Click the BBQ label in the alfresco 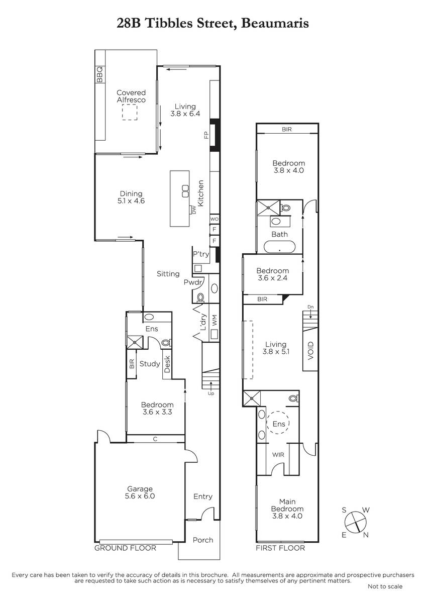tap(100, 74)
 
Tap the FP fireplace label tap(206, 135)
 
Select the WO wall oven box tap(214, 219)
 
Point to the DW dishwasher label tap(193, 210)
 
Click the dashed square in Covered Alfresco tap(130, 112)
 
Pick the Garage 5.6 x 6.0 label tap(140, 492)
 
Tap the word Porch tap(203, 540)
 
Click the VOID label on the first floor tap(310, 351)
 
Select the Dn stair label tap(310, 307)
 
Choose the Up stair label tap(211, 393)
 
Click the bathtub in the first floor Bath tap(280, 247)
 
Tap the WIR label tap(278, 455)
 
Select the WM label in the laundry tap(215, 321)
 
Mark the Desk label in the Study tap(167, 364)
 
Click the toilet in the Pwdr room tap(200, 297)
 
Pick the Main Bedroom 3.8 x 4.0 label tap(287, 509)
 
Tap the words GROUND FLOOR tap(125, 548)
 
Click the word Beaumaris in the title tap(274, 24)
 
